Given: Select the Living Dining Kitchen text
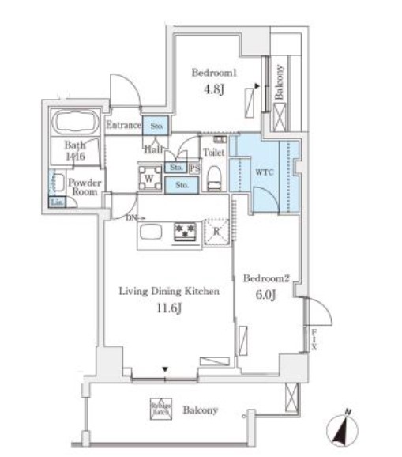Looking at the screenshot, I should (168, 292).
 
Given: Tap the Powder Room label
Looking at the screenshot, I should (84, 187).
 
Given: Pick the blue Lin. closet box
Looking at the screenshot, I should (57, 202).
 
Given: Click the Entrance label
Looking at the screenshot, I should (122, 125).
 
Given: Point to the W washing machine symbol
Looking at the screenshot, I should (148, 178).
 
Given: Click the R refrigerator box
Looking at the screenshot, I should (217, 232).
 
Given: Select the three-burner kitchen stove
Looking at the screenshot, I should (186, 232).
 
